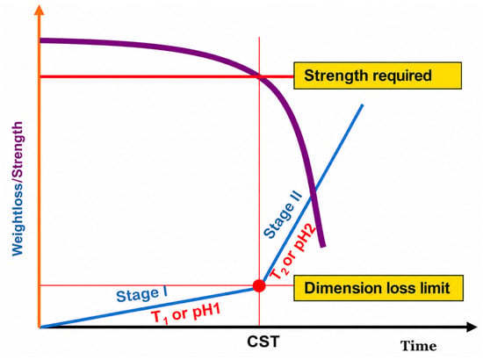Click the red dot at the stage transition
tap(259, 285)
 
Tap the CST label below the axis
tap(263, 342)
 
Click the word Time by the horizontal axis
tap(419, 346)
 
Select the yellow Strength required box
tap(378, 76)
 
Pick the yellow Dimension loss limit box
tap(378, 288)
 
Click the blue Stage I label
tap(142, 295)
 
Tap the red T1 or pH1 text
tap(187, 314)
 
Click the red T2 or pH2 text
tap(292, 251)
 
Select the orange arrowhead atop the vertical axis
tap(39, 10)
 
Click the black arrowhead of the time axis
tap(472, 327)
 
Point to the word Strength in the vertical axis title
tap(18, 150)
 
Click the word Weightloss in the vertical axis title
tap(18, 219)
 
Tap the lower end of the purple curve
tap(323, 247)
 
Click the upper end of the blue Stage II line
tap(363, 105)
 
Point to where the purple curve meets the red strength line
tap(259, 76)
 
